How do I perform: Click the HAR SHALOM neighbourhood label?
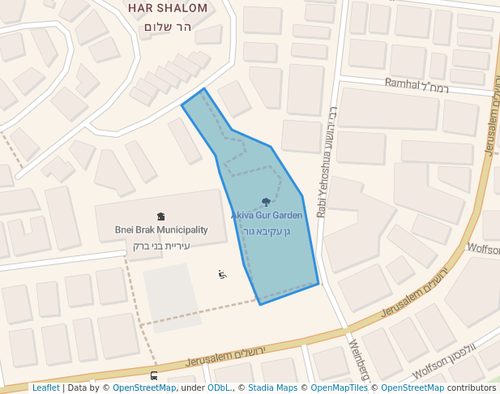167,8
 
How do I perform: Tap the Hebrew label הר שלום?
167,26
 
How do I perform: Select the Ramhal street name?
403,83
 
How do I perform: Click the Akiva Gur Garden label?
267,216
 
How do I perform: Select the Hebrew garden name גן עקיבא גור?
267,231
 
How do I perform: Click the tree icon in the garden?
267,202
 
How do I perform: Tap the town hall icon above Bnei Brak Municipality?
160,216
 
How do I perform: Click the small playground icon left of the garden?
221,274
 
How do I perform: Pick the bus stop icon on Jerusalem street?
154,376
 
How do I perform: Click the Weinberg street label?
358,360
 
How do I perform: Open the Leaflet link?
45,388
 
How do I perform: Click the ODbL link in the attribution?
219,388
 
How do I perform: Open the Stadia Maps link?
272,388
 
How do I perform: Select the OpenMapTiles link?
339,388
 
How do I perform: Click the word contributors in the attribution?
472,388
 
